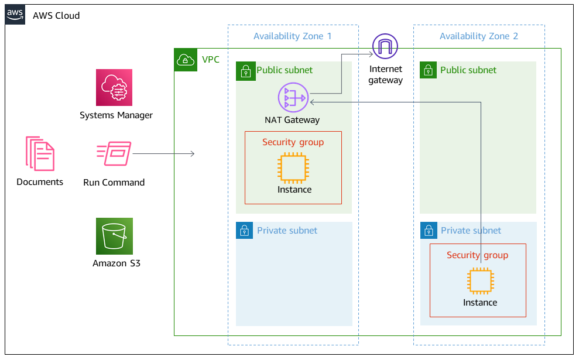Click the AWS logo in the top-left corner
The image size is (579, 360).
15,15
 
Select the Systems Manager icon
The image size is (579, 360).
114,87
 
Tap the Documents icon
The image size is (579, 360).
40,153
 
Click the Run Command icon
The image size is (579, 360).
114,154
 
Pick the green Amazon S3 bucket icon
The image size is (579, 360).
114,236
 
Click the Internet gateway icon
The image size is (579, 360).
385,46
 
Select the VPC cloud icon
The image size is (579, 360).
186,60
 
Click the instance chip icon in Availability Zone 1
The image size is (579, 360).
293,167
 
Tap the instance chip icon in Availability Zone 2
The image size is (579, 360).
479,281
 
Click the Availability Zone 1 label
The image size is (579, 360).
292,36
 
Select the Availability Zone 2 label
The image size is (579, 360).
478,36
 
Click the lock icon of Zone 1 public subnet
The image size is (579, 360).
245,71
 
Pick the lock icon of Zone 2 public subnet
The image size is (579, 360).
429,71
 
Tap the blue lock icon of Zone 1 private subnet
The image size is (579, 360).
245,231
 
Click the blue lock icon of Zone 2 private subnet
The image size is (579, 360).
429,231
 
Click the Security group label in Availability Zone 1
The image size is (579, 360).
293,142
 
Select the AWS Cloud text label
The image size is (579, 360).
56,15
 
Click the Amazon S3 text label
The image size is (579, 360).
116,263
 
